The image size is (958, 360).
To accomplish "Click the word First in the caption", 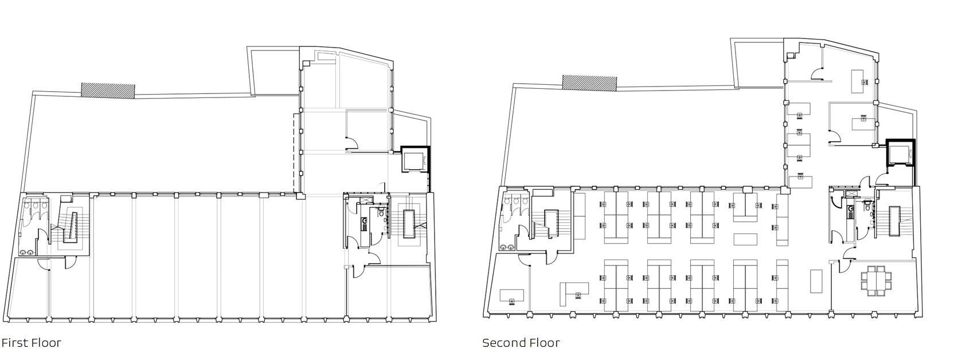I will click(15, 343).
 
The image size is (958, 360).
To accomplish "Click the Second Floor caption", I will click(521, 343).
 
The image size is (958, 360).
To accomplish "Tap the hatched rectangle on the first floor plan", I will click(108, 91).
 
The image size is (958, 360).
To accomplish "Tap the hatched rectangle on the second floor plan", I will click(589, 83).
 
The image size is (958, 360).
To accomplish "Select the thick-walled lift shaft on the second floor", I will click(900, 154).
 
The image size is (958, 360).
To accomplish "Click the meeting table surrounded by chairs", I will click(876, 280).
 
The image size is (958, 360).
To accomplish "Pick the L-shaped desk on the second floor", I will click(574, 290).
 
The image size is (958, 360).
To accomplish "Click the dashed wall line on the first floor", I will click(295, 152).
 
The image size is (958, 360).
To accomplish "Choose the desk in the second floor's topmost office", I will click(858, 81).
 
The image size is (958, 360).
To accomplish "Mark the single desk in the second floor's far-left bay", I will click(511, 296).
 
